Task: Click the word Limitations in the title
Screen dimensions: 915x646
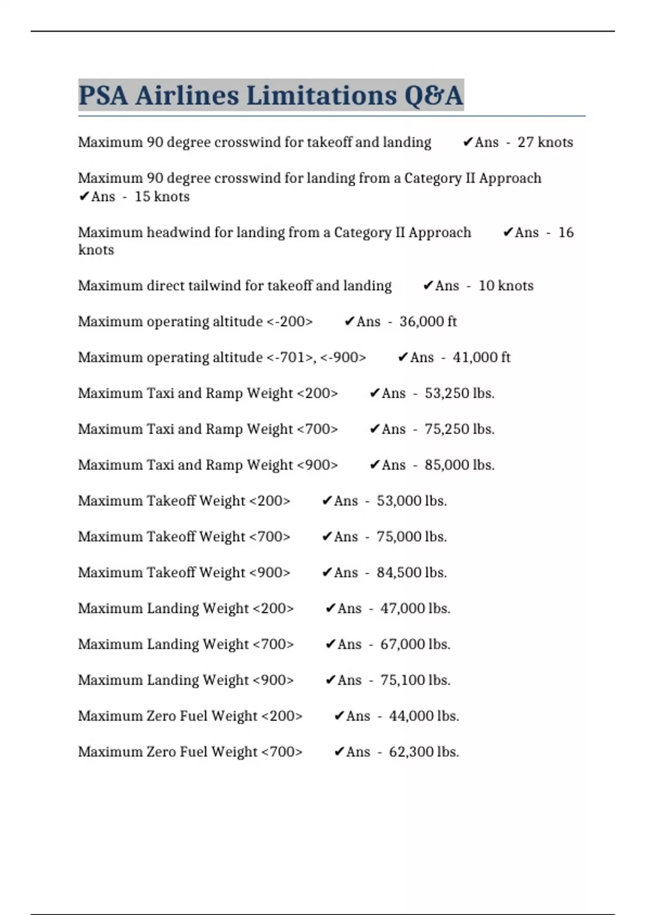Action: click(320, 96)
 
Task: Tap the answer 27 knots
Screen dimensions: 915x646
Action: click(545, 142)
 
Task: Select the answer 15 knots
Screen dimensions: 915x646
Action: click(161, 196)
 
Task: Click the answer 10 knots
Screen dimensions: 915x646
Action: click(505, 286)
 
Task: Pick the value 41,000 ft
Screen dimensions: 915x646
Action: click(481, 357)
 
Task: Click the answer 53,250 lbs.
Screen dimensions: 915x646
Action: click(459, 393)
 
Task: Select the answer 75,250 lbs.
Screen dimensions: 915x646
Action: click(459, 429)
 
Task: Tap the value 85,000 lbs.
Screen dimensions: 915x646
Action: click(459, 465)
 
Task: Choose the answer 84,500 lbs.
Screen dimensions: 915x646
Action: click(411, 573)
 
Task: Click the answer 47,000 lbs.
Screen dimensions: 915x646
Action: click(415, 608)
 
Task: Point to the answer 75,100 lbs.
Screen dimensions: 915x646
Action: click(415, 680)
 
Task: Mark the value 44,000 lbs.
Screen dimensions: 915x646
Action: click(424, 716)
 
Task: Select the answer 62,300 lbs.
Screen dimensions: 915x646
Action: click(424, 752)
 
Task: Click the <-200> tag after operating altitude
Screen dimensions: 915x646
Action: click(290, 321)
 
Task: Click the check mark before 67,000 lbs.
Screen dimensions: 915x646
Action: click(331, 644)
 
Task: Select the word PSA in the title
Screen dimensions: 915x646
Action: click(103, 96)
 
